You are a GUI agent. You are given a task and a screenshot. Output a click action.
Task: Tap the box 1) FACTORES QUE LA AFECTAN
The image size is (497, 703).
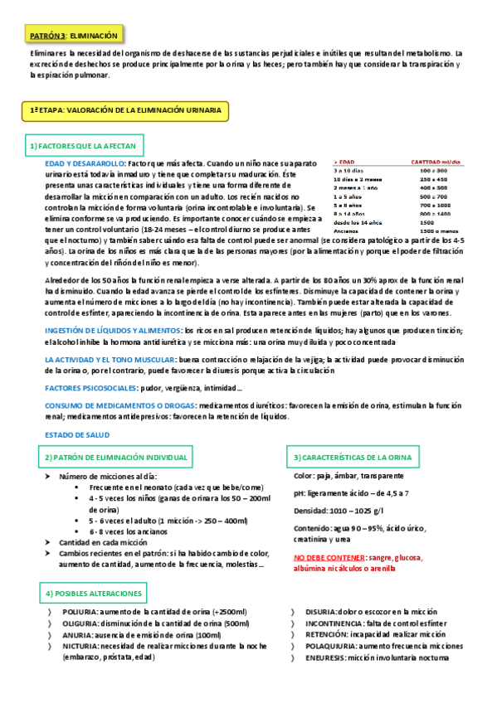tap(82, 146)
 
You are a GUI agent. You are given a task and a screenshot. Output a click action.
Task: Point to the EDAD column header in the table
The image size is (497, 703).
tap(345, 162)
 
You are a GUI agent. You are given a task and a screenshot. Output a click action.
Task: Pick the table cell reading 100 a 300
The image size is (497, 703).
tap(433, 170)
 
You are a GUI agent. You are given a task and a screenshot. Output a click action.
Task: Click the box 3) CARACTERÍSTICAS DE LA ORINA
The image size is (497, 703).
tap(356, 458)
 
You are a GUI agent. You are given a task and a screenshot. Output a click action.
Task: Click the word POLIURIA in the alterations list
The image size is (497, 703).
tap(78, 612)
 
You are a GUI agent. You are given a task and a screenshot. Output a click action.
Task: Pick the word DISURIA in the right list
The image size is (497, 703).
tap(322, 612)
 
